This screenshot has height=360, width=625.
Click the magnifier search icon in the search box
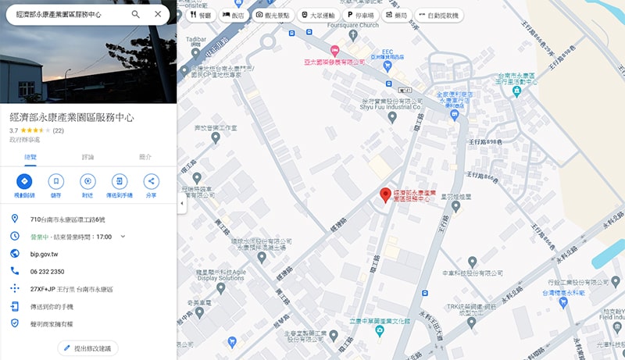(136, 14)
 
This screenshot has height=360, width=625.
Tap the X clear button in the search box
(158, 14)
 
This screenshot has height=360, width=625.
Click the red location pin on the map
(385, 195)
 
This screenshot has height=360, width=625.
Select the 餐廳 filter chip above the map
(199, 15)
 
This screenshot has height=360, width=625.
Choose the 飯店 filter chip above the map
(233, 15)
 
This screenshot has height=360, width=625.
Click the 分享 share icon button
(151, 181)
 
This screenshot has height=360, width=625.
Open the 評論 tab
(87, 157)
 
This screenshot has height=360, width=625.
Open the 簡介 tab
(145, 157)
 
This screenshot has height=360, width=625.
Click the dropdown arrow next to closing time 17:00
(122, 236)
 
